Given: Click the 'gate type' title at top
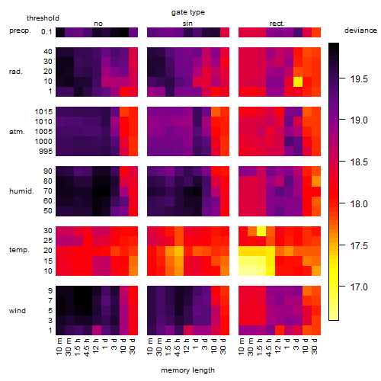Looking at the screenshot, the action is point(188,12).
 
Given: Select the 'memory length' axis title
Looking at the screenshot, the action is point(187,370).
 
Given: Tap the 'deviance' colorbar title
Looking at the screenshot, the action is point(360,30).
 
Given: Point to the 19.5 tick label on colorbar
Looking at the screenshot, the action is point(359,79).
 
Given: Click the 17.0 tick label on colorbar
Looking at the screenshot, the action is point(359,287).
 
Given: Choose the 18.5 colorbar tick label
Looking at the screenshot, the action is point(359,162).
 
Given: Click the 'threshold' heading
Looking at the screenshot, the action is point(43,18).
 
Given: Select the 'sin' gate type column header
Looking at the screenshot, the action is point(187,24).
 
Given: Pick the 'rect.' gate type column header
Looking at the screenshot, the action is point(277,24).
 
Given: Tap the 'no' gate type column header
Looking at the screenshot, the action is point(98,24).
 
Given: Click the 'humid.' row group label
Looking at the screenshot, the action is point(21,191).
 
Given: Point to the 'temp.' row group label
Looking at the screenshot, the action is point(19,250).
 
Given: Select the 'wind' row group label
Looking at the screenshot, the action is point(18,311).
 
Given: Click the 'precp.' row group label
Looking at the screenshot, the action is point(20,30).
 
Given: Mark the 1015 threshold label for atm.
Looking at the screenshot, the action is point(43,112).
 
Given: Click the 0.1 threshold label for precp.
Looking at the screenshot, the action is point(46,32).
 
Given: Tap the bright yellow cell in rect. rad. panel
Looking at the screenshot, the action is point(298,82).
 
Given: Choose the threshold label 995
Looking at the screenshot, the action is point(46,152).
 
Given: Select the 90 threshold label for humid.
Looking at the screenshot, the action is point(48,171).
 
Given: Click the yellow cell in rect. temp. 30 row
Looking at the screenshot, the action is point(261,231).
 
